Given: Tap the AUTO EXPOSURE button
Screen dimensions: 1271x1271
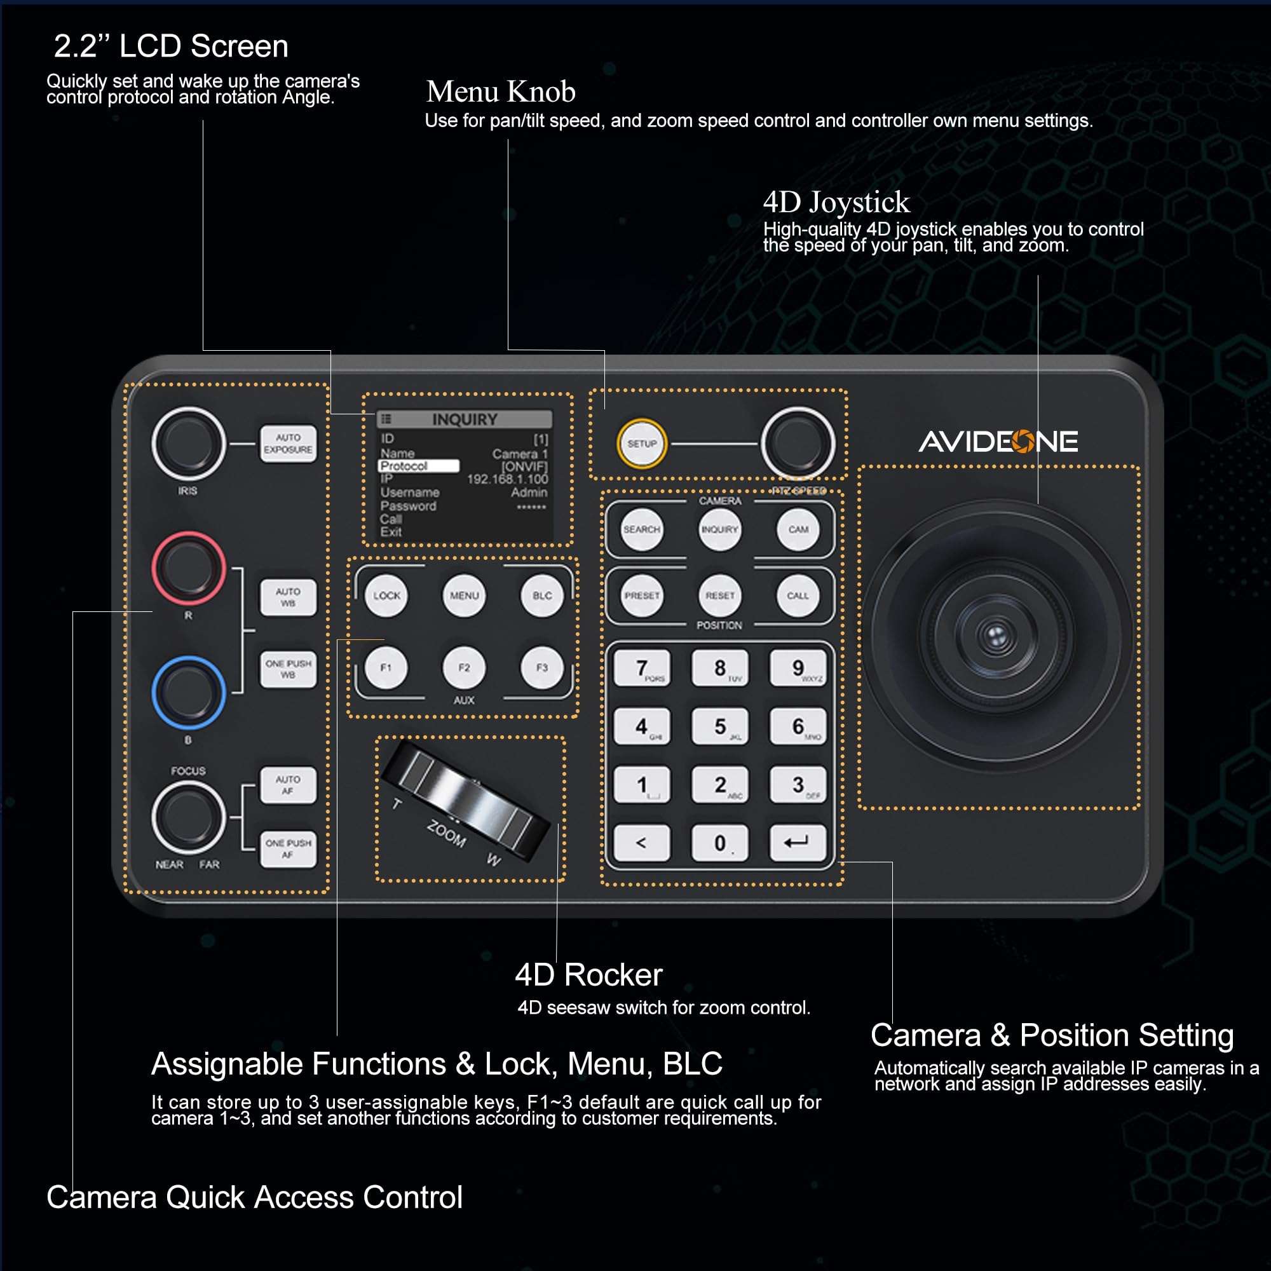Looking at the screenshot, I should pos(287,444).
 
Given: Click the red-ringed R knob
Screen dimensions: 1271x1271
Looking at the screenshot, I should pos(188,568).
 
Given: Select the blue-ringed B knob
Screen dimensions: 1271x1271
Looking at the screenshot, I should pos(188,692).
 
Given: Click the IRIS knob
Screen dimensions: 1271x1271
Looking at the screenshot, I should pos(188,444).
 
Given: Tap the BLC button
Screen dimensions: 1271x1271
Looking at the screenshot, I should pos(542,595).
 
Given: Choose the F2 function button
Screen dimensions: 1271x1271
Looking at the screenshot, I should pos(464,668).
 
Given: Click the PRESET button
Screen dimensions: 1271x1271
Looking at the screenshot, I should pos(641,595).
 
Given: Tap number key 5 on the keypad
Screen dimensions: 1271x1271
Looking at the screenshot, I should pos(720,726).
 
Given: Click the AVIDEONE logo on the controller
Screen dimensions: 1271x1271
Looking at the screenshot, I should pos(997,442).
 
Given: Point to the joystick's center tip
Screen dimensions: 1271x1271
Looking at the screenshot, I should pos(995,635).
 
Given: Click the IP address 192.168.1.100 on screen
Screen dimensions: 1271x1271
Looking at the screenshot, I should pos(506,479).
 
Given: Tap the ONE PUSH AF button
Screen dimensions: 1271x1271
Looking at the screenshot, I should pos(287,848).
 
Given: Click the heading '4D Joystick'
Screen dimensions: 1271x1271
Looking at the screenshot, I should pos(836,202).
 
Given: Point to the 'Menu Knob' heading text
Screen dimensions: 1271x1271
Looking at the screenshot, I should pos(500,92).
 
